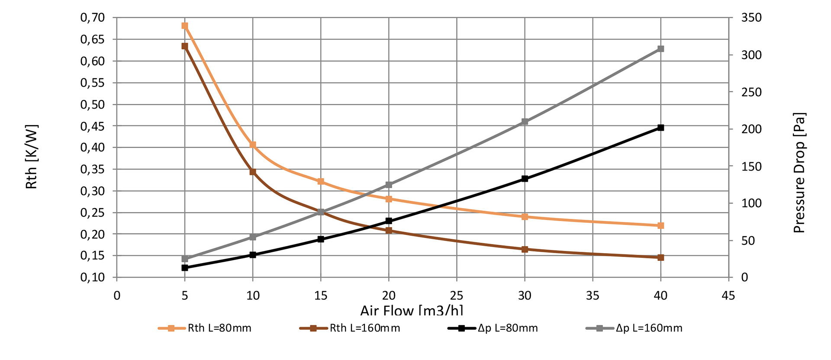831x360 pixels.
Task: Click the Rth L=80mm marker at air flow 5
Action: (x=185, y=26)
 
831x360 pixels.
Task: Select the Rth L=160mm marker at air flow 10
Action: (x=253, y=172)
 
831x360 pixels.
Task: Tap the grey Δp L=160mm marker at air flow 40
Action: (x=660, y=49)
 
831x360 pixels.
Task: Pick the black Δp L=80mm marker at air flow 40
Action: (x=660, y=128)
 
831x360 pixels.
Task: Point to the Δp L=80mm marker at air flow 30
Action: (x=525, y=178)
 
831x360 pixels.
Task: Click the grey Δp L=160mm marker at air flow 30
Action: (x=525, y=122)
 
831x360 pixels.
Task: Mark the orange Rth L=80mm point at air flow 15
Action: (x=321, y=181)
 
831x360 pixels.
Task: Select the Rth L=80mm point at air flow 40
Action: (x=660, y=225)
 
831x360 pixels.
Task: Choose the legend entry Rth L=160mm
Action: (x=350, y=328)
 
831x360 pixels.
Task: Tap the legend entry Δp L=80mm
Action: (x=493, y=328)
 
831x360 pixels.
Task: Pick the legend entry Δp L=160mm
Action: (x=634, y=328)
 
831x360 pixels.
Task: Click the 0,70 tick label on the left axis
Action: (x=93, y=18)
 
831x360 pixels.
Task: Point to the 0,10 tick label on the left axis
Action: (x=93, y=277)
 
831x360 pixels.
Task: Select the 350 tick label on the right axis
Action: (x=751, y=18)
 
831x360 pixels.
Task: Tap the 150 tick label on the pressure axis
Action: (x=751, y=166)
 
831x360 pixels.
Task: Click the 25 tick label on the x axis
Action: (x=457, y=296)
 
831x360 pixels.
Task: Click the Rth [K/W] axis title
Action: (x=32, y=157)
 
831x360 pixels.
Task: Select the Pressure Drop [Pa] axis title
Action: (x=799, y=173)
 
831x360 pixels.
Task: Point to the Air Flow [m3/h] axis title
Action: (x=412, y=310)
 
